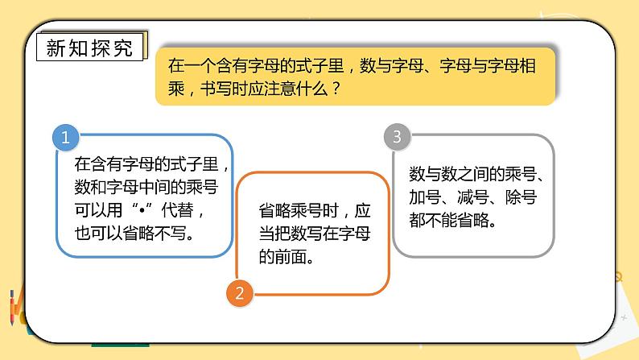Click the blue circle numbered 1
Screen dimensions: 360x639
click(x=65, y=137)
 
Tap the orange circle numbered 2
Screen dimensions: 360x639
click(x=238, y=292)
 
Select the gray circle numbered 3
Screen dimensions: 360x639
click(x=395, y=137)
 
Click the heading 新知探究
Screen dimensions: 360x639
click(x=90, y=47)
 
